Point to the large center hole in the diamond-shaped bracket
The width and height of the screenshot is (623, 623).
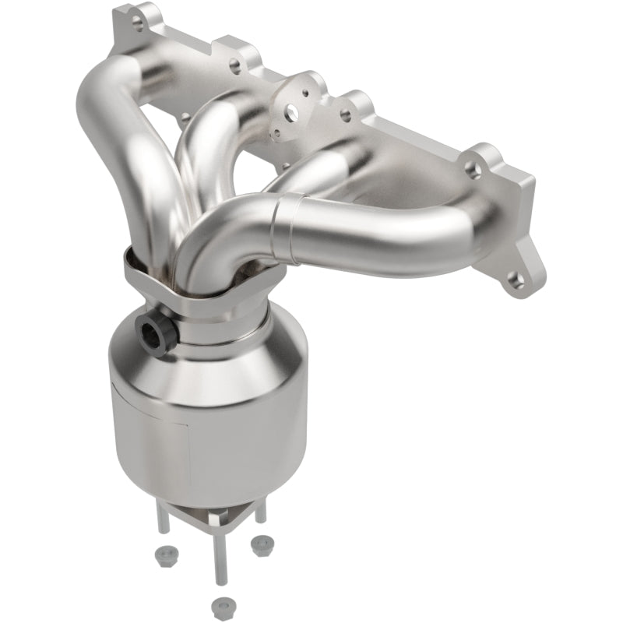[290, 113]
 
